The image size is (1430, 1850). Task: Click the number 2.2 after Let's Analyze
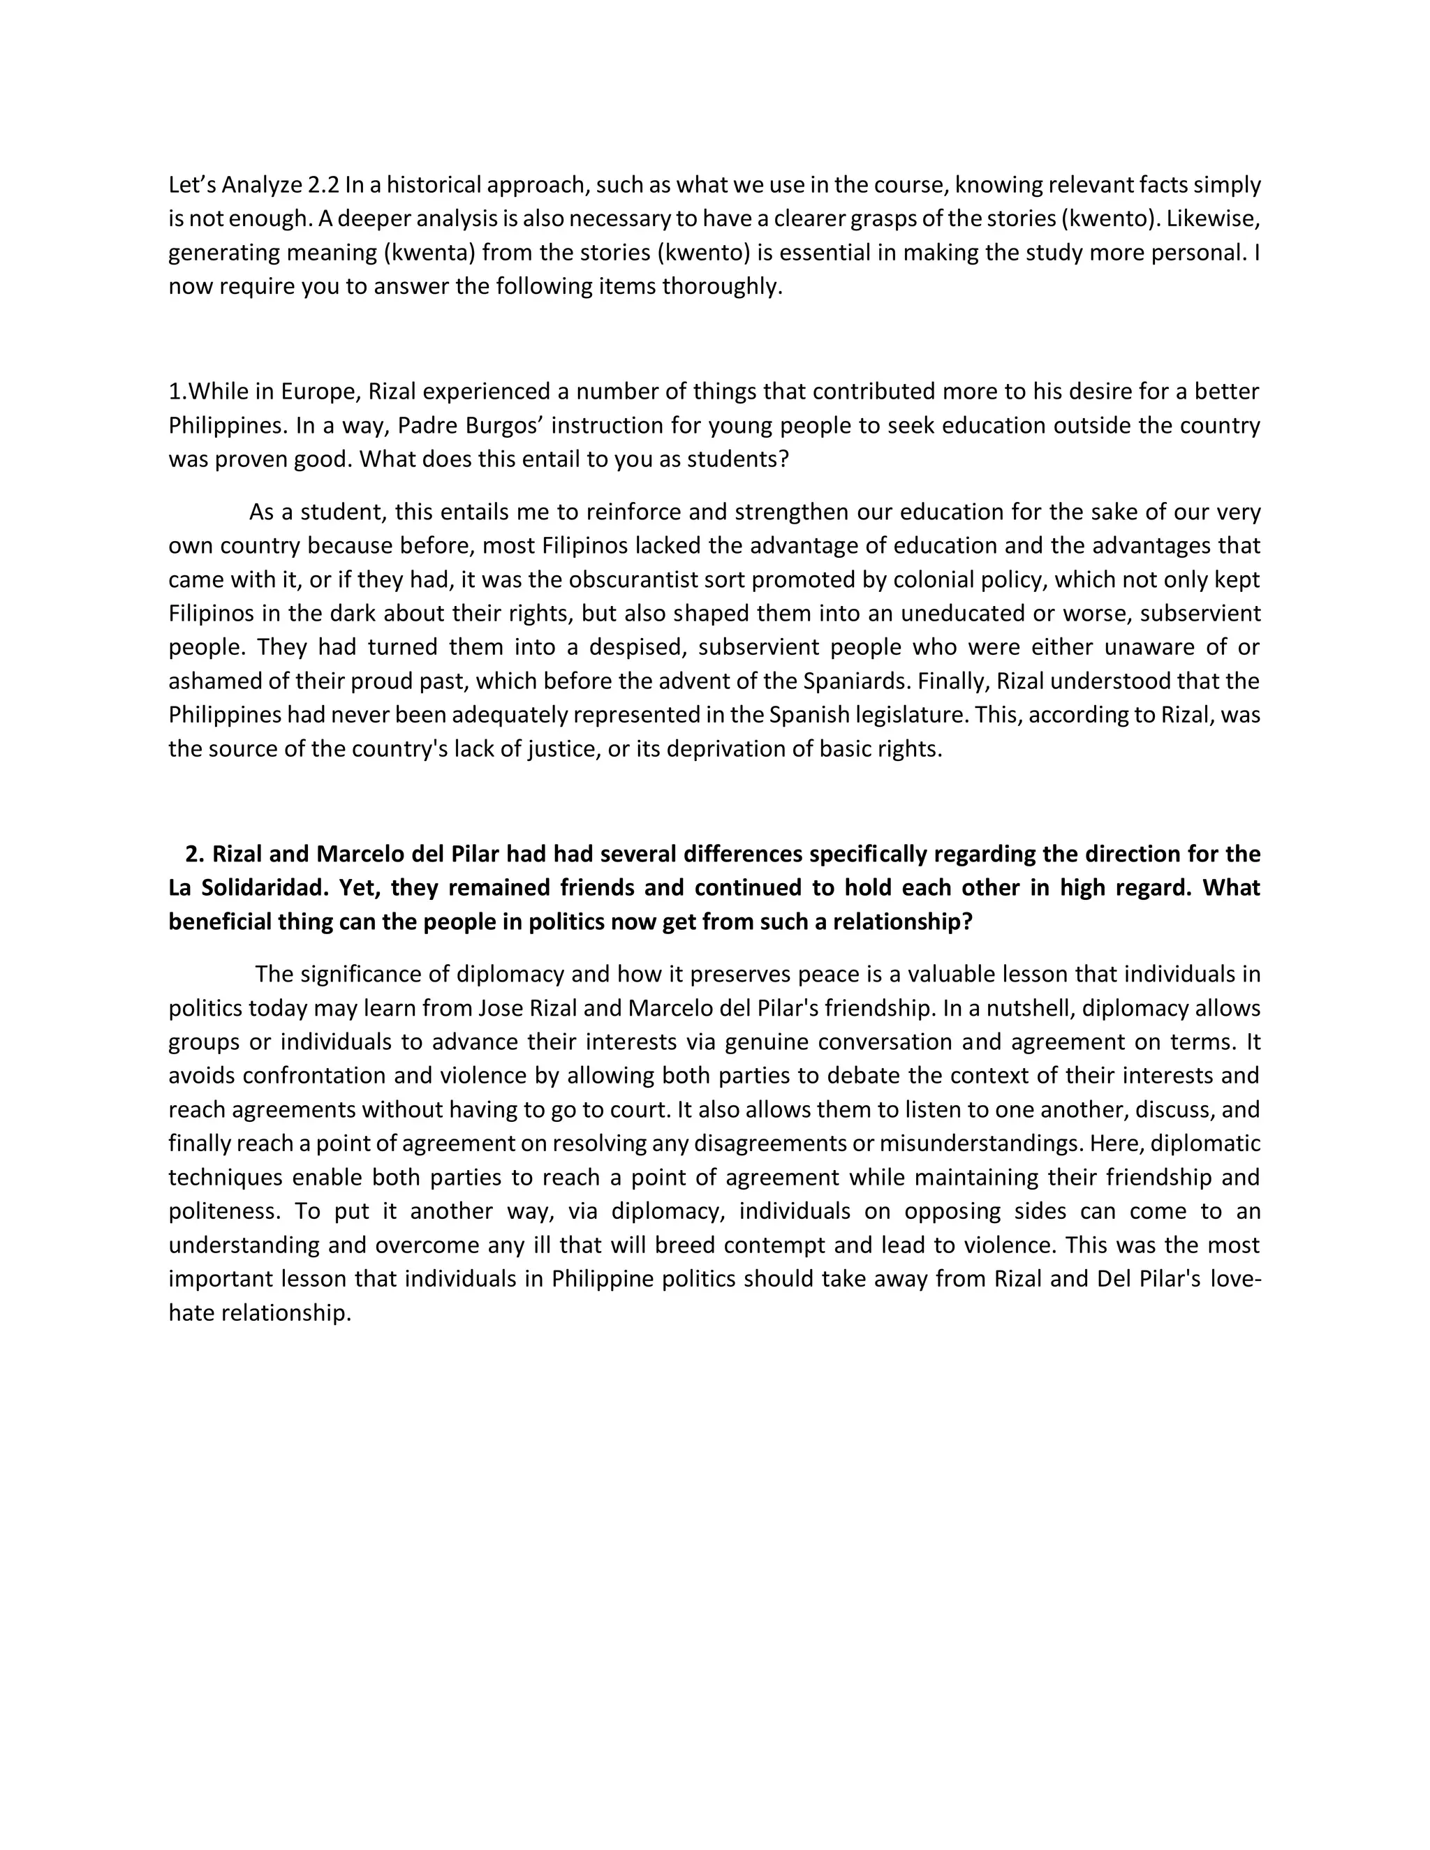322,185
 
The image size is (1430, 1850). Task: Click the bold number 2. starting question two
195,854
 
